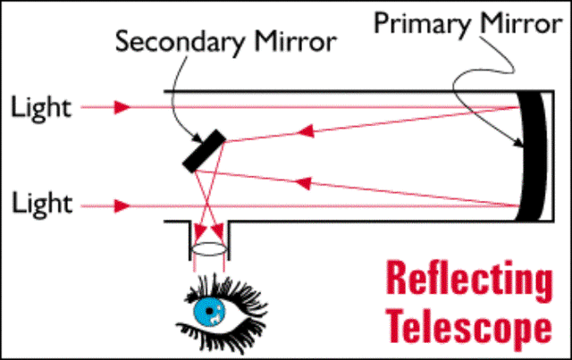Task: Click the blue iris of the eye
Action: tap(208, 310)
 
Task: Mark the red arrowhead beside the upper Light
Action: tap(122, 108)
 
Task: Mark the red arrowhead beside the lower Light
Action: tap(122, 205)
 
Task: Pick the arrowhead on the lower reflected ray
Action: tap(304, 184)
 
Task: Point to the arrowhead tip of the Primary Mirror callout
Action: tap(519, 144)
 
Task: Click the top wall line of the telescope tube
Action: tap(340, 90)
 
